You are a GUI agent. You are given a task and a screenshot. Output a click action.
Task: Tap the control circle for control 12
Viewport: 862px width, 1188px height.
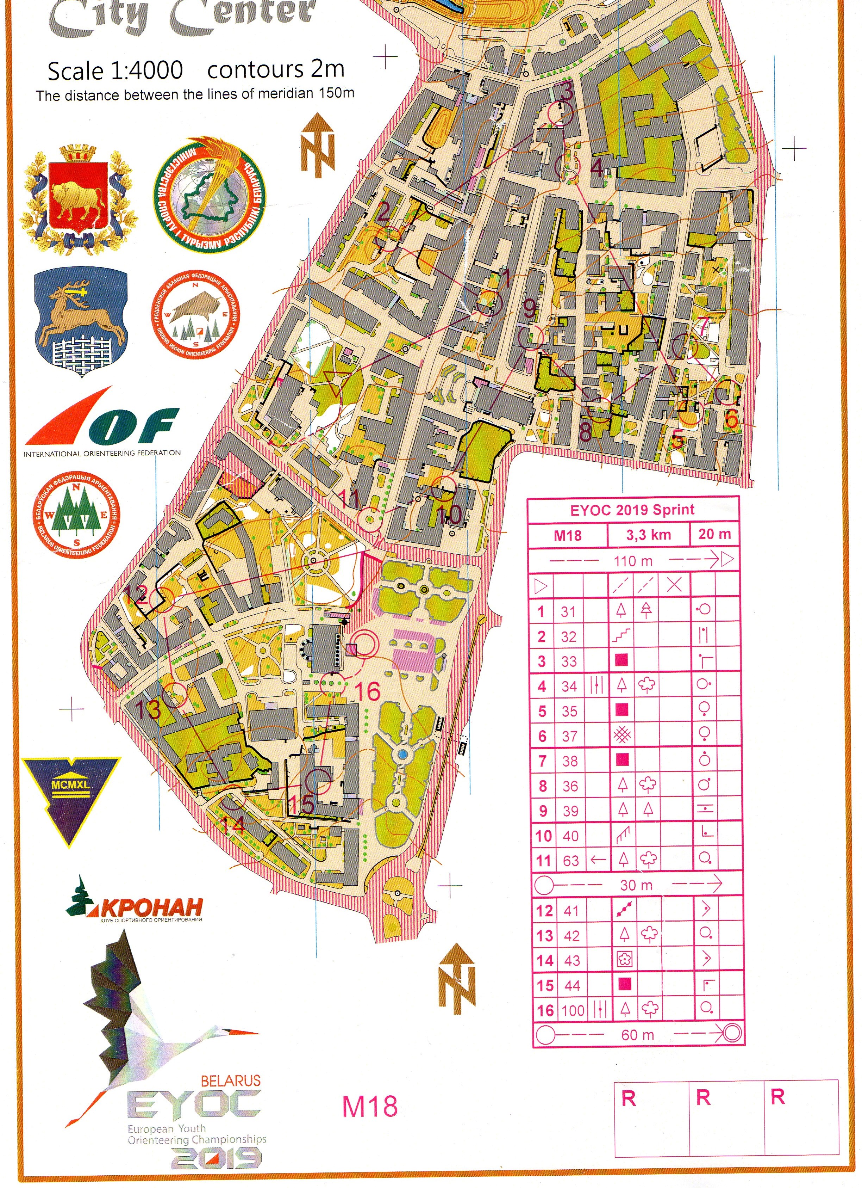[162, 599]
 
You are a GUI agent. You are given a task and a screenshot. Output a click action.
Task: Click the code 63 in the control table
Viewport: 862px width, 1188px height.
[570, 861]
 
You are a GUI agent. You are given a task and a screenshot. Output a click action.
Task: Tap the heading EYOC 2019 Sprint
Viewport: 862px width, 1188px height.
[632, 510]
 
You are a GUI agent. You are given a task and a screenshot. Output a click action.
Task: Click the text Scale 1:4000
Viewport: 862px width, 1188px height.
[115, 71]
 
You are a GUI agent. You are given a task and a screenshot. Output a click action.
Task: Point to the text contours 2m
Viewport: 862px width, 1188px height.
[276, 69]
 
